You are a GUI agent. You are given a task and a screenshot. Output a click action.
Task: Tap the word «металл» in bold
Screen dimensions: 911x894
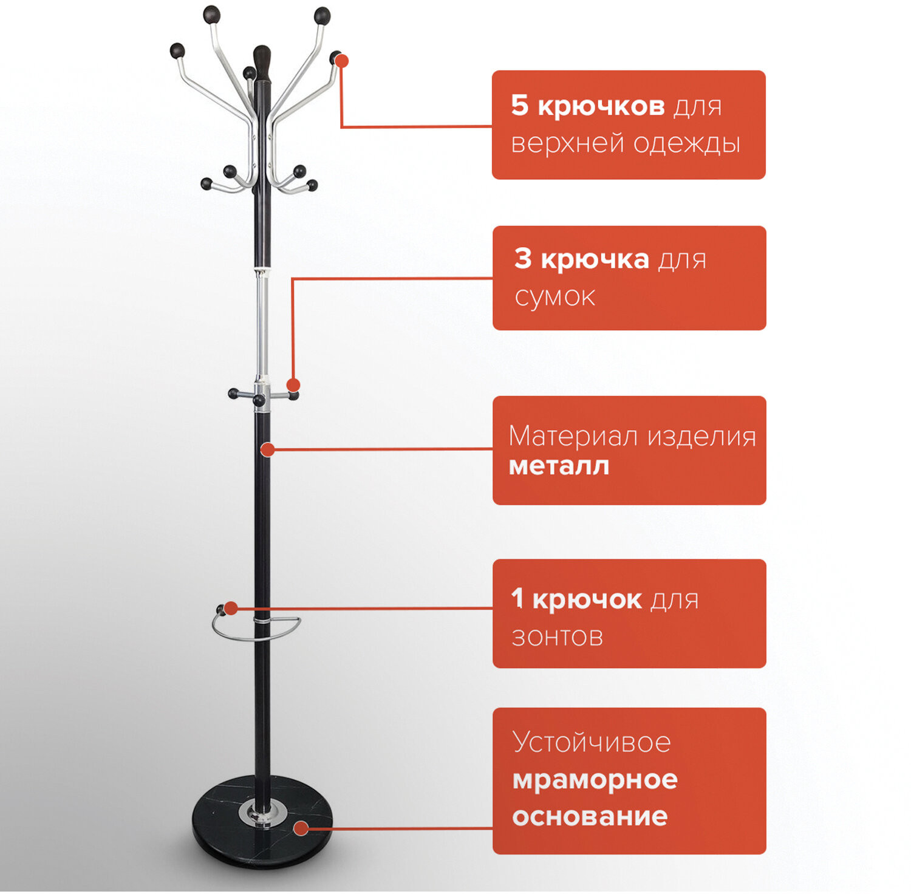point(559,466)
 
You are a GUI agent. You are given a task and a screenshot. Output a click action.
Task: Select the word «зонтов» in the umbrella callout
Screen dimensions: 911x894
point(557,637)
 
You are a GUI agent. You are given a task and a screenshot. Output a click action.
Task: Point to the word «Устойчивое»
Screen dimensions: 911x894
point(592,742)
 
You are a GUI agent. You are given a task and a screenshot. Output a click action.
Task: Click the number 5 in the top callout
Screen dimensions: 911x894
point(519,105)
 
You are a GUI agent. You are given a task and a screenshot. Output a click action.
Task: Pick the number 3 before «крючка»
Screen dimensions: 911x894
point(523,259)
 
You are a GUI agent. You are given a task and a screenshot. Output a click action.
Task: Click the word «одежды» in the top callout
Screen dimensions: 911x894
point(686,144)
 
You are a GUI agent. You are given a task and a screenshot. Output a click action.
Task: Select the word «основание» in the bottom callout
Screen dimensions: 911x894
point(590,817)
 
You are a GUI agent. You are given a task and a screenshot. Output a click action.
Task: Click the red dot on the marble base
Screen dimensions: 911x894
point(301,828)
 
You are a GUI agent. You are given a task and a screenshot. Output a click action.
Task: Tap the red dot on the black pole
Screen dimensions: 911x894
point(268,449)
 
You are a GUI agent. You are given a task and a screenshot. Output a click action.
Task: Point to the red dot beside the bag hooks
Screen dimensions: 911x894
point(293,385)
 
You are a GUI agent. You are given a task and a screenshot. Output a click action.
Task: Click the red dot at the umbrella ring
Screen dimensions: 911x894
point(231,608)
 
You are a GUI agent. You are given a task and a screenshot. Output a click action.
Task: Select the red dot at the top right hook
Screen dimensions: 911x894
point(342,61)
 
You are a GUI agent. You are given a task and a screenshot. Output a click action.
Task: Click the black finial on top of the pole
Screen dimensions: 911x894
point(262,63)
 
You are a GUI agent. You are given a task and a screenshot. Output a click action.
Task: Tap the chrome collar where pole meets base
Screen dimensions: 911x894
point(263,814)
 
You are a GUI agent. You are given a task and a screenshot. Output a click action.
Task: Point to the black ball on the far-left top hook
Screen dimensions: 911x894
point(177,50)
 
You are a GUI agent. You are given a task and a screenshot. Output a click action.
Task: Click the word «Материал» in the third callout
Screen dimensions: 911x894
point(573,437)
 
